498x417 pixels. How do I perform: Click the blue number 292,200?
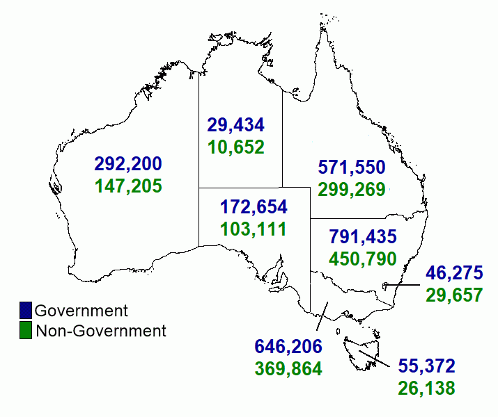(x=128, y=165)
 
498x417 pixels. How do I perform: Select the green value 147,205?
(x=128, y=186)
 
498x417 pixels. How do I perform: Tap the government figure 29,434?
(x=235, y=125)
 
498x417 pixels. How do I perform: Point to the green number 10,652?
(x=235, y=147)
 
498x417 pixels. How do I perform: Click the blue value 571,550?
(x=352, y=167)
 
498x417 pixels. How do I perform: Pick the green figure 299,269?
(x=352, y=189)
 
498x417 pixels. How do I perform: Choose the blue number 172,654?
(x=254, y=206)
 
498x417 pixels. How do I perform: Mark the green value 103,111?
(x=254, y=228)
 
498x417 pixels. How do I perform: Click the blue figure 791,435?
(x=361, y=238)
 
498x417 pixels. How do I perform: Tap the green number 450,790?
(x=361, y=259)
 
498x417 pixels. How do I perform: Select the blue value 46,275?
(x=453, y=272)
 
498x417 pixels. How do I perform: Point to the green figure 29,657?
(x=453, y=294)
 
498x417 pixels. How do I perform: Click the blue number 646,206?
(x=288, y=347)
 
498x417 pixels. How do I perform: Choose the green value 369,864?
(x=288, y=368)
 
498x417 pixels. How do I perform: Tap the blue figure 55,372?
(x=426, y=366)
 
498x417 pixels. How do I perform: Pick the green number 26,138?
(x=426, y=387)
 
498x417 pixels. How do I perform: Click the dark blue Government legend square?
(x=26, y=311)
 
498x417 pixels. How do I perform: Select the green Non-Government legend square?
(x=26, y=331)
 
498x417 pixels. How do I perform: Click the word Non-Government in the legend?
(x=101, y=331)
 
